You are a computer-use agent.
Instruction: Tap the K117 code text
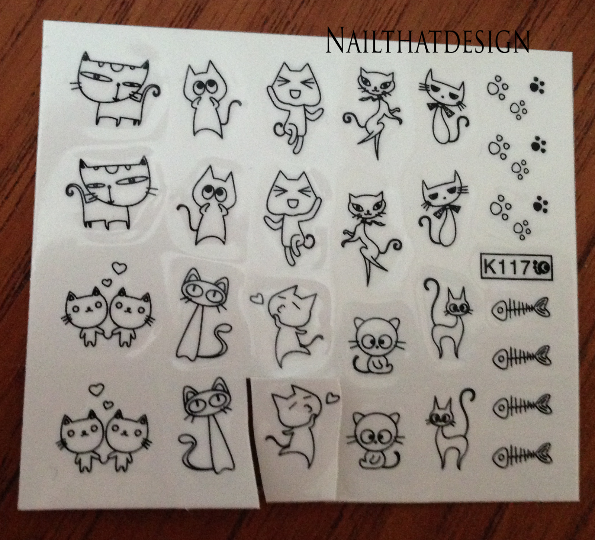click(506, 267)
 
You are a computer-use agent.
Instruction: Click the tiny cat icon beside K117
click(541, 266)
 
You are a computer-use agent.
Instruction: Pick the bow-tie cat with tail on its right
click(444, 106)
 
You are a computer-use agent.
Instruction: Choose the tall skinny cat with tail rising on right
click(450, 428)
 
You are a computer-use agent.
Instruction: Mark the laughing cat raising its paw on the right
click(292, 216)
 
